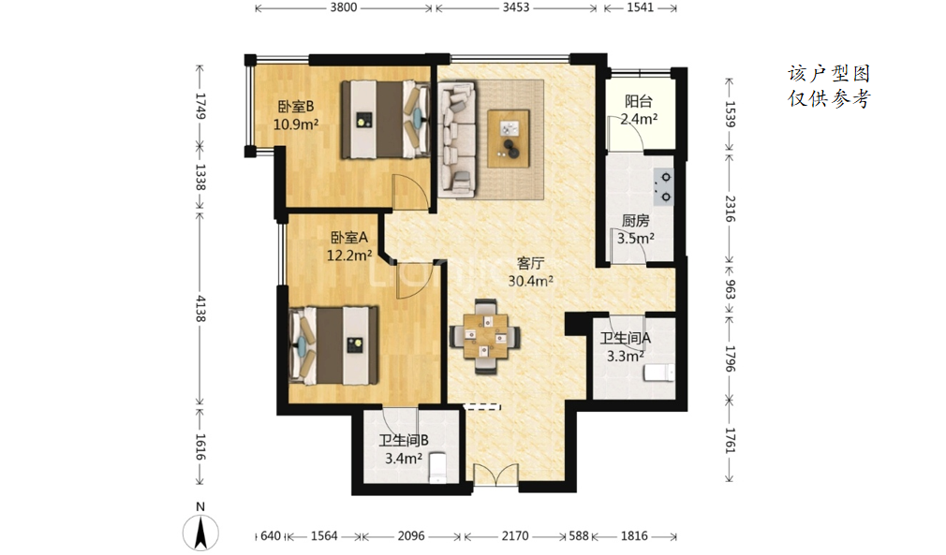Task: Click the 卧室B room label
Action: (x=296, y=107)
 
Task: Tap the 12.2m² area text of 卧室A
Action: (x=349, y=256)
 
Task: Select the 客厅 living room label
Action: (x=531, y=263)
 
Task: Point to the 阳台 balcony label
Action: (x=638, y=101)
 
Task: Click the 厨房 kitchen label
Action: (x=636, y=221)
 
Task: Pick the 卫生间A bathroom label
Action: (x=625, y=338)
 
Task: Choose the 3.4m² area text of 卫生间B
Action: (x=404, y=459)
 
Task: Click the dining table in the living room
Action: (x=485, y=336)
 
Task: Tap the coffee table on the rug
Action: (x=509, y=139)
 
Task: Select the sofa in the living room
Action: (x=458, y=139)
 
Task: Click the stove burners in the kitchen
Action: (x=664, y=187)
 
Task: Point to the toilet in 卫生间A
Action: (x=658, y=372)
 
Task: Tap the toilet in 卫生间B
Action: (x=437, y=468)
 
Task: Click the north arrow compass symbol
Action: (x=200, y=533)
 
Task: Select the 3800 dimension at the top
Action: (x=344, y=7)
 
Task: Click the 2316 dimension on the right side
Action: (x=730, y=209)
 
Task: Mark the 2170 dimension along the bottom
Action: (x=515, y=535)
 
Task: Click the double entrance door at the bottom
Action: (x=495, y=475)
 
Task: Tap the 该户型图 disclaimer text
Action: (x=829, y=74)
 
